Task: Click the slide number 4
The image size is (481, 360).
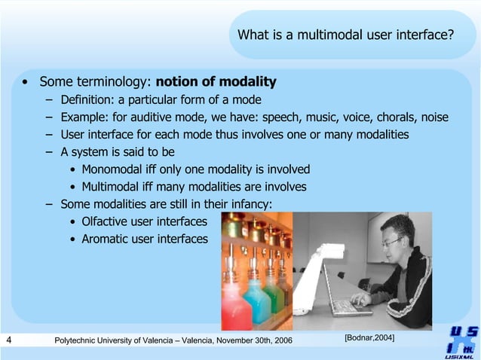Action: pyautogui.click(x=8, y=341)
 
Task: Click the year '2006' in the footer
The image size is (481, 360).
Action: pyautogui.click(x=279, y=342)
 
